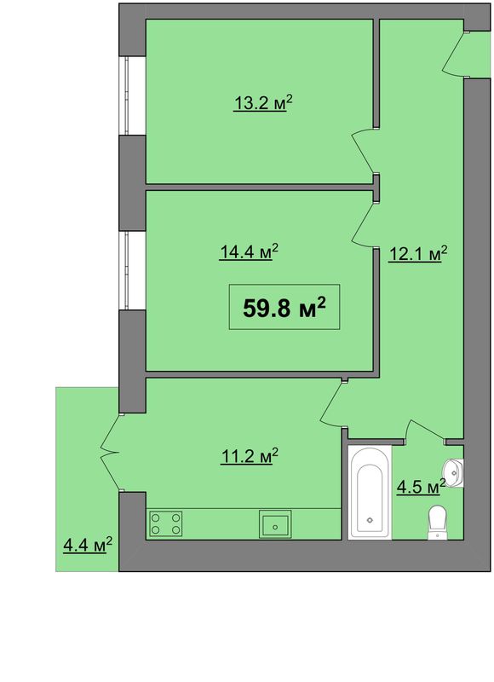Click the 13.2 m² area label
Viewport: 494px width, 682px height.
(x=263, y=103)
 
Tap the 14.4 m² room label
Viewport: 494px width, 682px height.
(x=249, y=251)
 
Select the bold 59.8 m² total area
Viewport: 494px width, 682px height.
(x=284, y=308)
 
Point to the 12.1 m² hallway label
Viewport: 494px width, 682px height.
(x=417, y=254)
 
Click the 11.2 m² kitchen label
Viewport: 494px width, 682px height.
(x=250, y=457)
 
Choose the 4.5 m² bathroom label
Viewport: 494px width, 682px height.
(x=421, y=487)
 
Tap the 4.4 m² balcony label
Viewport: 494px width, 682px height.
(x=88, y=545)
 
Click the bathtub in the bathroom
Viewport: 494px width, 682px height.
(x=370, y=493)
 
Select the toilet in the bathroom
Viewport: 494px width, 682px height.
(x=437, y=523)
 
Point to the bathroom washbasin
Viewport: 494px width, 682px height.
(x=454, y=473)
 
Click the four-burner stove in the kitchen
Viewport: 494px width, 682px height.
(x=165, y=523)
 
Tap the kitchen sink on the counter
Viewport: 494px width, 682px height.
(x=275, y=524)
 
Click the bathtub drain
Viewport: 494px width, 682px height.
(x=370, y=520)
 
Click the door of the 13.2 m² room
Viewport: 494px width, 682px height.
(x=363, y=152)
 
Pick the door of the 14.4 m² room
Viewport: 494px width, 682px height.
(x=363, y=224)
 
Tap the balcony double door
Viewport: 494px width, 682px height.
(x=111, y=453)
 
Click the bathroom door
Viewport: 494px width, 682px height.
(x=426, y=431)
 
